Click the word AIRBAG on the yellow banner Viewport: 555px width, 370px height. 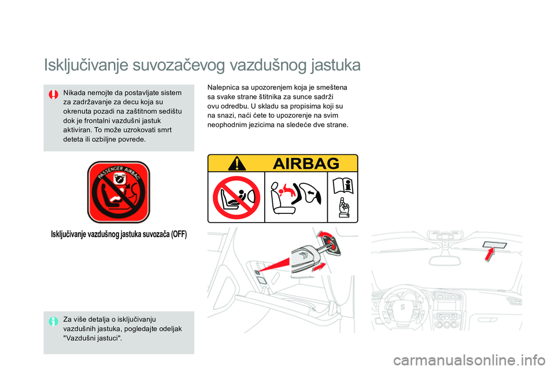(x=306, y=164)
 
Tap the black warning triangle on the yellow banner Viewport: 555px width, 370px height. (x=237, y=164)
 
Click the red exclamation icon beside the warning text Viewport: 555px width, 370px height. (x=53, y=95)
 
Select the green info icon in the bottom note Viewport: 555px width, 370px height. (x=53, y=321)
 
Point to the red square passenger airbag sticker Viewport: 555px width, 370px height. (x=119, y=193)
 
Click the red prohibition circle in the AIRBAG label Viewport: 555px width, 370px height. (x=236, y=198)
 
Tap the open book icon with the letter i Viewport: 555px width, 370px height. (x=343, y=186)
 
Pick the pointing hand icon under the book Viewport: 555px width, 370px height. (x=343, y=208)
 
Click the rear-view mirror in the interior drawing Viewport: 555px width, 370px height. (x=445, y=260)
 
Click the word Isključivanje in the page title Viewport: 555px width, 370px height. (x=86, y=65)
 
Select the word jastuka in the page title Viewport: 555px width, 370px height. (x=336, y=65)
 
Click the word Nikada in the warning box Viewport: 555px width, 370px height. (x=74, y=92)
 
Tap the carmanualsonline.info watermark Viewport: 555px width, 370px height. (x=469, y=360)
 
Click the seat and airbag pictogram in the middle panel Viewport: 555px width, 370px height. (x=296, y=197)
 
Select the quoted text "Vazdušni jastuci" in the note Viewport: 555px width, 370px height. (x=92, y=338)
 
